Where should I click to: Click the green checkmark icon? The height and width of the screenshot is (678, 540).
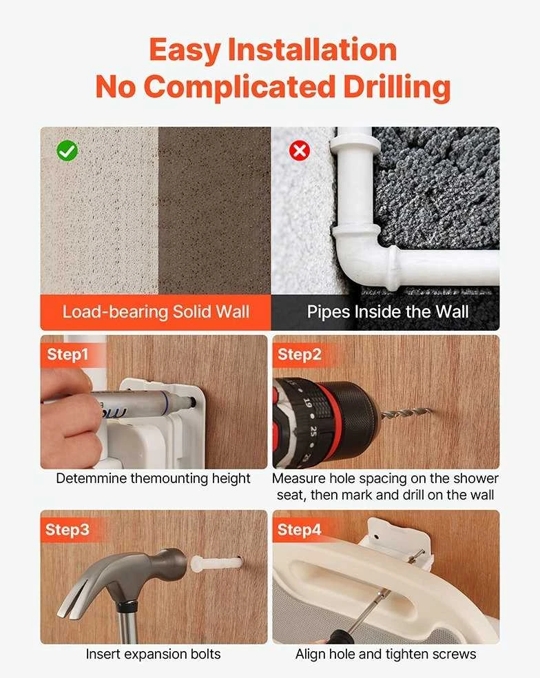[x=67, y=150]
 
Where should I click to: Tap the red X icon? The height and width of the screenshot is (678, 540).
[x=299, y=151]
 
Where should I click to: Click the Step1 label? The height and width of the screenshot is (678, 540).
[x=68, y=354]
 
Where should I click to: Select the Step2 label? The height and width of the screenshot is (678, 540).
[x=299, y=354]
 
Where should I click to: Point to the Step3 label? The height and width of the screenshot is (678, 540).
[x=67, y=529]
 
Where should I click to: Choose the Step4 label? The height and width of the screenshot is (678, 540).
[x=299, y=529]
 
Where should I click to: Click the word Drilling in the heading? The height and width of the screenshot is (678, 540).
[x=397, y=87]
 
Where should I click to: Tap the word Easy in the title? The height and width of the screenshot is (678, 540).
[x=185, y=50]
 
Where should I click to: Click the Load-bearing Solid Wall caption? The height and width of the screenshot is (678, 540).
[x=156, y=311]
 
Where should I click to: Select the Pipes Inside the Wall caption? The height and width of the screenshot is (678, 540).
[x=388, y=311]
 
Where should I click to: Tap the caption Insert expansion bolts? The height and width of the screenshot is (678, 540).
[x=153, y=654]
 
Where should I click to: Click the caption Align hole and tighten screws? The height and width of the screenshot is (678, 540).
[x=386, y=654]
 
